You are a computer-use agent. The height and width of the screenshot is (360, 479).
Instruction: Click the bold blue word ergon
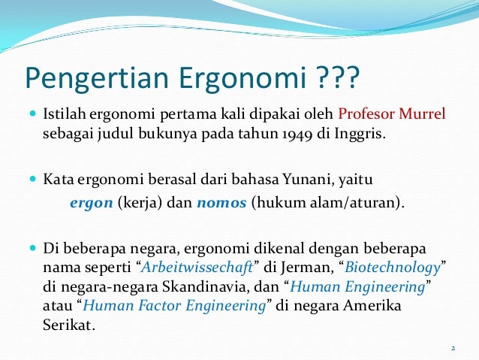point(91,203)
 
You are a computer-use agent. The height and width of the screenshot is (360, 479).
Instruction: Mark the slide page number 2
point(453,347)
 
